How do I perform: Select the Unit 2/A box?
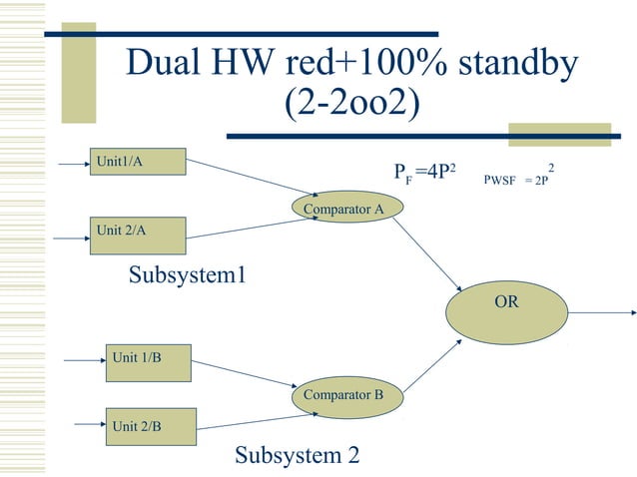tap(138, 235)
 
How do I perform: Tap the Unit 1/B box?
tap(149, 362)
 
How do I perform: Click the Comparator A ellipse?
tap(343, 209)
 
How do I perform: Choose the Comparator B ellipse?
tap(343, 395)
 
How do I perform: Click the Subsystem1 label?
tap(187, 275)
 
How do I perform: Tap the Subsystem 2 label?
tap(297, 456)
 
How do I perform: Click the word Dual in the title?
tap(167, 64)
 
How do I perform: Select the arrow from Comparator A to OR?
tap(430, 253)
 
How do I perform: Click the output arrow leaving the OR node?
tap(603, 312)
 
